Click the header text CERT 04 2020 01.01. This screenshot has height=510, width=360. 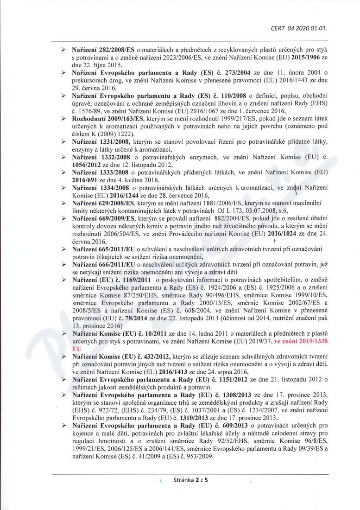(x=299, y=28)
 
